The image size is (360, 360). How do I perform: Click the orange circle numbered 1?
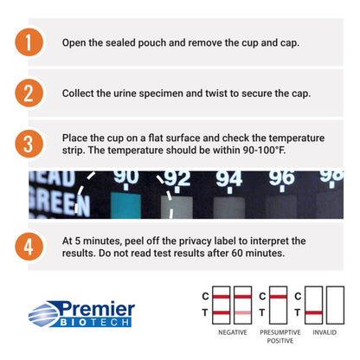click(x=29, y=42)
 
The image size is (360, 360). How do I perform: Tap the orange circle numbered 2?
click(x=29, y=93)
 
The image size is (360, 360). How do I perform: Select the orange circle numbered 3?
click(x=29, y=144)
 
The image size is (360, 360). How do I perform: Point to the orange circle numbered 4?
click(x=29, y=247)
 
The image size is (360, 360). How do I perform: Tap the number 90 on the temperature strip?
click(x=125, y=177)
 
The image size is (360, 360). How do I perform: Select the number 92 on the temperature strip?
click(x=177, y=179)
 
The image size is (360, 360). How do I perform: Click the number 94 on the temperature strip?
click(x=229, y=179)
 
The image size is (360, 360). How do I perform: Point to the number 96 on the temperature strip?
click(x=282, y=178)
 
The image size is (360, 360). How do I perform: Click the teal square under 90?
click(x=125, y=205)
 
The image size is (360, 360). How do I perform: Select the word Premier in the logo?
click(x=97, y=309)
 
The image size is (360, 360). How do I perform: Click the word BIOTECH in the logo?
click(x=94, y=322)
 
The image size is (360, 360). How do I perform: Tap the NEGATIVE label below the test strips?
click(x=233, y=332)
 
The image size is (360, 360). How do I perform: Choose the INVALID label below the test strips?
click(x=325, y=332)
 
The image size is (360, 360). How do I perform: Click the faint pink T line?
click(x=242, y=312)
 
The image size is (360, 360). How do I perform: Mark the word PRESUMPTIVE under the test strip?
click(x=280, y=332)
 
